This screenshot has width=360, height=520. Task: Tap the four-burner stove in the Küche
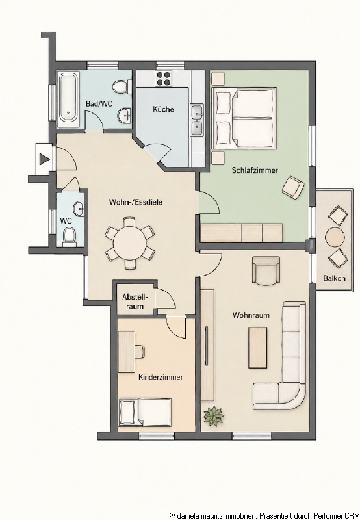coord(163,79)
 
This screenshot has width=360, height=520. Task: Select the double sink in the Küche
coord(197,120)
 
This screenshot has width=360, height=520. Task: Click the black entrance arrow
coord(44,159)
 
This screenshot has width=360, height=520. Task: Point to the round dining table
coord(129,242)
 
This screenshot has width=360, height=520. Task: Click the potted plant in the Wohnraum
coord(213,416)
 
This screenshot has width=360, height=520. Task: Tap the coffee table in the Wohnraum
coord(257,347)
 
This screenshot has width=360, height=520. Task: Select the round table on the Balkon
coord(335,237)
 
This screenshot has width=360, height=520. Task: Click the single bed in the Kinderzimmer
coord(145,412)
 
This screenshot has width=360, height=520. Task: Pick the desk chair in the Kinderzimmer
coord(140,351)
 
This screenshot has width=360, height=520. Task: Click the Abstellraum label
coord(135,302)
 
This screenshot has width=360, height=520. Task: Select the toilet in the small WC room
coord(70,236)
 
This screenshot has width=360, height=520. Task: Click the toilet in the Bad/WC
coord(120,86)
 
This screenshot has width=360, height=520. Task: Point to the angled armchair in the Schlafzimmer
coord(293,187)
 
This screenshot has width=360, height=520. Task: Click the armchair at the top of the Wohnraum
coord(266,270)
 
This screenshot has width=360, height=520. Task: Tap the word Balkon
coord(334,278)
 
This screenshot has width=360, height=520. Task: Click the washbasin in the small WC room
coord(79,209)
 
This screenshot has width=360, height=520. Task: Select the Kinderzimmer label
coord(161,377)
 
